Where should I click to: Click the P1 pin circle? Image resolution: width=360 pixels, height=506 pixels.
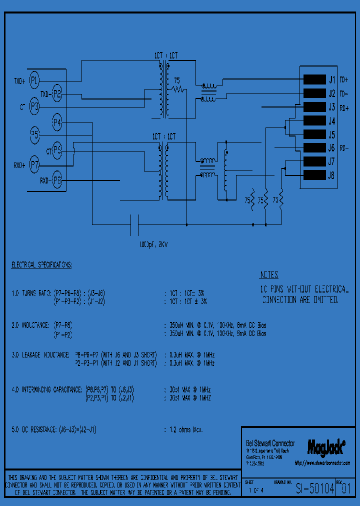pos(34,79)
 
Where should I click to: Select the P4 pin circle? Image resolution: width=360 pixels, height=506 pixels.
pos(57,121)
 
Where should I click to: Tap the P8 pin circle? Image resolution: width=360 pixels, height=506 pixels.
pos(57,180)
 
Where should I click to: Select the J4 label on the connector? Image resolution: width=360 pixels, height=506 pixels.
pos(331,121)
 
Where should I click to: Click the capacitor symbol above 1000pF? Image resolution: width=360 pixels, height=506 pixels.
pos(134,224)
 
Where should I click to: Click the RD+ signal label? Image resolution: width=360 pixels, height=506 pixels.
pos(344,107)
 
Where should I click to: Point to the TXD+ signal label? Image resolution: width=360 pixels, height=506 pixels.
pos(19,80)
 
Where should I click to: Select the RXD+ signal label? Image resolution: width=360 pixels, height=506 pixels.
pos(19,165)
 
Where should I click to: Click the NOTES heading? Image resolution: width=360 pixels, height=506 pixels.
pos(269,275)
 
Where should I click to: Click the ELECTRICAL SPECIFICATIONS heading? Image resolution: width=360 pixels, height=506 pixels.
pos(41,264)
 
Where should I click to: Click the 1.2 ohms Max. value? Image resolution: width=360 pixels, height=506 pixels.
pos(183,429)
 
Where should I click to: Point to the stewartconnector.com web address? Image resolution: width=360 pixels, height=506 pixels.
pos(322,463)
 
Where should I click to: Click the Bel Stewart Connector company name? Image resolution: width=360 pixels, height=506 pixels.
pos(270,443)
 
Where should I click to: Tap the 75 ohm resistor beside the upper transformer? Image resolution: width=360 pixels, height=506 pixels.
pos(178,89)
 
